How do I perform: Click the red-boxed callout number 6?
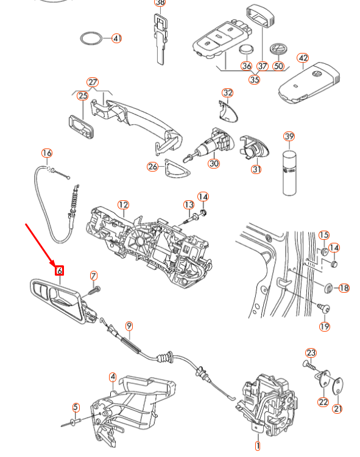click(x=60, y=270)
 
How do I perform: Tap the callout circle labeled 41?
click(x=116, y=38)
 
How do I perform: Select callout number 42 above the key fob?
click(x=303, y=58)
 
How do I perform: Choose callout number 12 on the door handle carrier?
click(x=123, y=204)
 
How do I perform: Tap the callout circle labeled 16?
click(x=47, y=153)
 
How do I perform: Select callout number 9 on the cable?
click(x=129, y=326)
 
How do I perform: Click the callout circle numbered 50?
click(x=278, y=66)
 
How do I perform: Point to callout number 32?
click(x=227, y=93)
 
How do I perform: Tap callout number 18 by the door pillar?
click(x=344, y=287)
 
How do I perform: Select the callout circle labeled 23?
click(x=311, y=353)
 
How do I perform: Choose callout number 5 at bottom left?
click(x=76, y=407)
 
